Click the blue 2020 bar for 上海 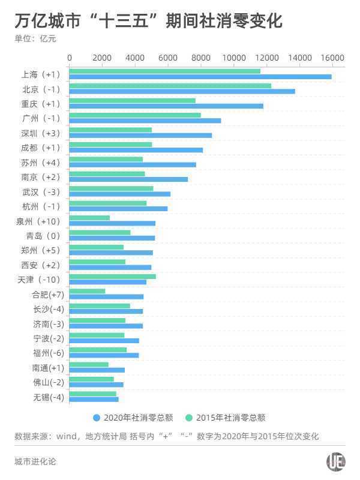[x=200, y=77]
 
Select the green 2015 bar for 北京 [x=170, y=86]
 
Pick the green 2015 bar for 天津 [x=113, y=276]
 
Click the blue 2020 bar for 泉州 [x=112, y=223]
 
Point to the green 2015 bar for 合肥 [x=88, y=291]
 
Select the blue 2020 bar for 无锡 [x=94, y=399]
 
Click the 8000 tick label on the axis [x=201, y=58]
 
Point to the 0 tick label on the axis [x=70, y=58]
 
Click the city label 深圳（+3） [x=41, y=133]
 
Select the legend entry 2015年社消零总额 [x=226, y=418]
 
